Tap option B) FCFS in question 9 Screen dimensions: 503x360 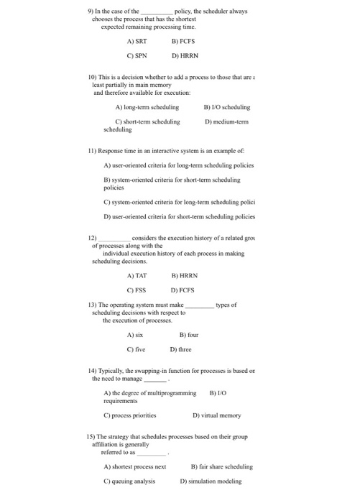[x=184, y=42]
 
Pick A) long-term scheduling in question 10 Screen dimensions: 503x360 [x=147, y=107]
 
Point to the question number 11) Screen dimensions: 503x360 [x=91, y=152]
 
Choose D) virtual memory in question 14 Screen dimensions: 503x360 [x=218, y=415]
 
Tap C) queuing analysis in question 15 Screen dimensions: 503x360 [x=135, y=481]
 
